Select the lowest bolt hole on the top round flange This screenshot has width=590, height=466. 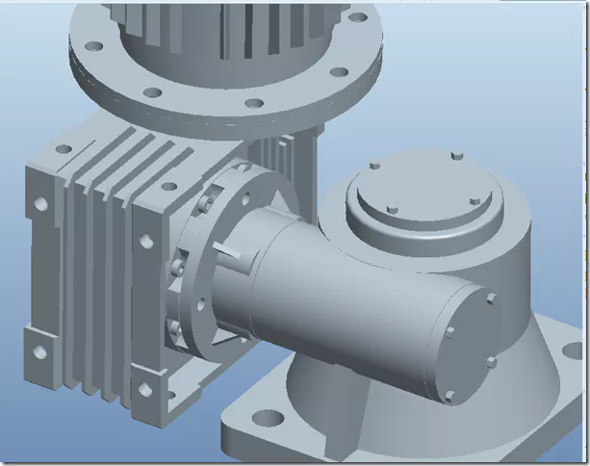253,103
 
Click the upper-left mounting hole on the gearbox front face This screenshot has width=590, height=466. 41,204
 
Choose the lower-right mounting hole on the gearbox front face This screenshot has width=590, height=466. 144,390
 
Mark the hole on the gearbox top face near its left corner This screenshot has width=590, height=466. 64,149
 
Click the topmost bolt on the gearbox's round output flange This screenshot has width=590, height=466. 204,203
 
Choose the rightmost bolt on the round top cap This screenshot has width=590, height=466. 475,200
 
